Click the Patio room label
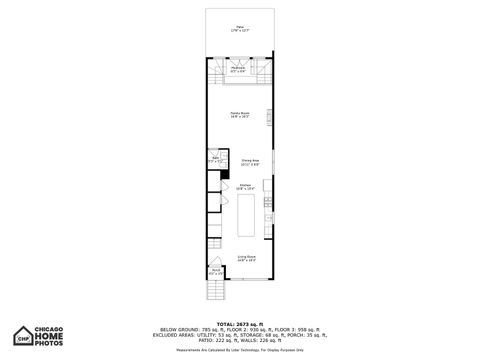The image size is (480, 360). [240, 29]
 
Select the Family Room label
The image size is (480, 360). [240, 115]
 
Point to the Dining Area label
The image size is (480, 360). [250, 161]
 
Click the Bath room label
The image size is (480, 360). [215, 159]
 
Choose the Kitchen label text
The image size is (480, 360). [245, 186]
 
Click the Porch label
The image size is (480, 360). [215, 271]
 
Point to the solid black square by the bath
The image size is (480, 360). [224, 171]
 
